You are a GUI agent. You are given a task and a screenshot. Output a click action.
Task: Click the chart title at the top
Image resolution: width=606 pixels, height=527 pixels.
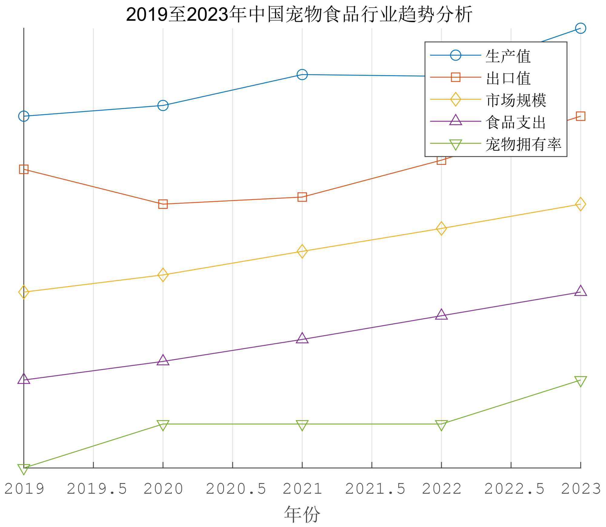(299, 14)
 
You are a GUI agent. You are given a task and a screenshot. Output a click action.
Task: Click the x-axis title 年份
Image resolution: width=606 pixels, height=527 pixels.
(302, 514)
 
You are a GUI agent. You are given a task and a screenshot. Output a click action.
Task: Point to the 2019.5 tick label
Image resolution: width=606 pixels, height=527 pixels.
(97, 489)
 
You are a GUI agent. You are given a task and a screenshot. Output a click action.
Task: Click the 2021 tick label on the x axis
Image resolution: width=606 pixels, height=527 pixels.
(302, 489)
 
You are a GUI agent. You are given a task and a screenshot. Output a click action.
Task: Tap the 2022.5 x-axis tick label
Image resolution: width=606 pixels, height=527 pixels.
(514, 489)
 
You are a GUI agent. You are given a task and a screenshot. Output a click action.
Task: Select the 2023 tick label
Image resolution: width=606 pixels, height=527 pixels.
(581, 489)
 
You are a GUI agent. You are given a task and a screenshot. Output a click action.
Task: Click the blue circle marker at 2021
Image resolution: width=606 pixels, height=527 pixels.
(302, 75)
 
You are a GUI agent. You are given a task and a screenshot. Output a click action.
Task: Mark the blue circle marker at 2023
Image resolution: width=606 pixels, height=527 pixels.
(581, 28)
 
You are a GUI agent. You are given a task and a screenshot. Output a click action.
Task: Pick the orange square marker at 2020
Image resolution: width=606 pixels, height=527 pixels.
(163, 204)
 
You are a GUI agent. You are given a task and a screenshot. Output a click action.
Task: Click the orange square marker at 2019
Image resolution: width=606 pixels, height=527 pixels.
(24, 169)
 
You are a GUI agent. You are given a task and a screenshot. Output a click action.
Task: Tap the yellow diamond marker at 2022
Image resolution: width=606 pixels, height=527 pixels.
(441, 228)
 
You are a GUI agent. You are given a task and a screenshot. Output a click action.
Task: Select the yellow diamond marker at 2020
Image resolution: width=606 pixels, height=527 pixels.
(163, 275)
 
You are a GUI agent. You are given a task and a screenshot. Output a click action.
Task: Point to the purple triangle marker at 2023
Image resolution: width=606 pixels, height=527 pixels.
(581, 291)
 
